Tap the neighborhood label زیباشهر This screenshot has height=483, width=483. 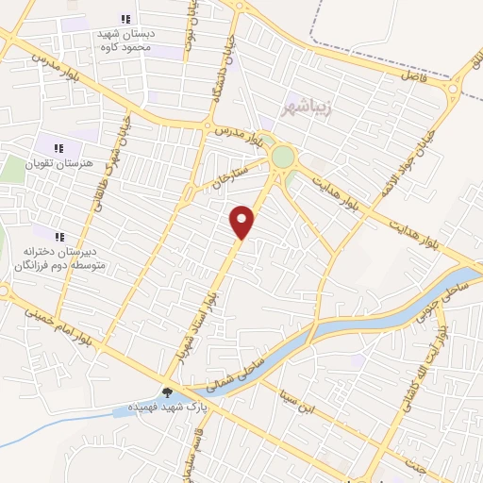tap(308, 107)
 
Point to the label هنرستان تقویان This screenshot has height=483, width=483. tap(60, 163)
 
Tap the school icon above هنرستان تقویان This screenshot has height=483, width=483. tap(58, 147)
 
